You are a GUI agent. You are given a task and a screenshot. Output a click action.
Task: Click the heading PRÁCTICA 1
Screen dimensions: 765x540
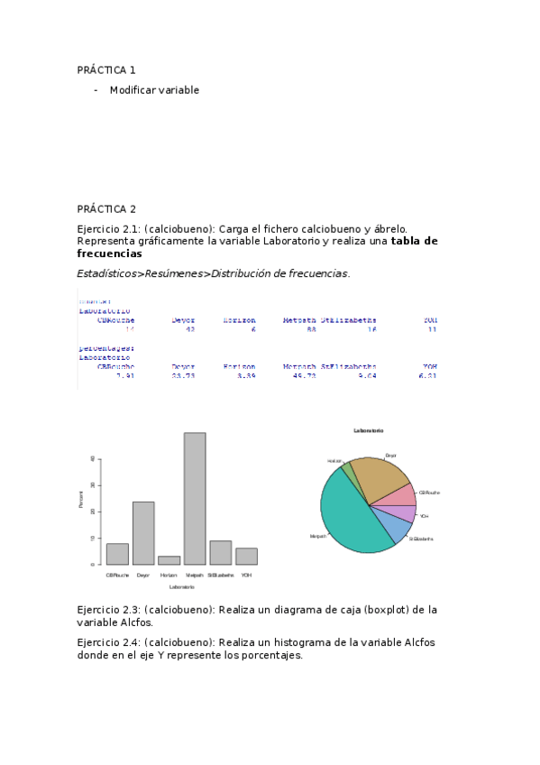point(106,70)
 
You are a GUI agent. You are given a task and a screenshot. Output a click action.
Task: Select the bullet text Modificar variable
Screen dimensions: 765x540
point(154,90)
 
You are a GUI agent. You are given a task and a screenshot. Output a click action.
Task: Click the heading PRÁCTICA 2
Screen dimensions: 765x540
point(106,209)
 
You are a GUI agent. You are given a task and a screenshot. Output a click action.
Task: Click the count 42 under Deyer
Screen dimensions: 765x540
point(189,329)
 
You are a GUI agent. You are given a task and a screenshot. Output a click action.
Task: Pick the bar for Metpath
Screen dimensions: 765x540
point(195,499)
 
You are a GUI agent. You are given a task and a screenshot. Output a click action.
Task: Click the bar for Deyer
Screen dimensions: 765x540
point(143,533)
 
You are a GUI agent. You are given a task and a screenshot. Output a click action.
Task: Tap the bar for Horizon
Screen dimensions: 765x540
point(169,560)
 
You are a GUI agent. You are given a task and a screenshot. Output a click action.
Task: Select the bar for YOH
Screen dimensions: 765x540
point(246,556)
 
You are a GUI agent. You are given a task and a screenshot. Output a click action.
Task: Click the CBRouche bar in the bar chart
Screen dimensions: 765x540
point(117,554)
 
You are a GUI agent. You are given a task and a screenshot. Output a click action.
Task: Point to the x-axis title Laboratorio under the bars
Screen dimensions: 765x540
point(181,587)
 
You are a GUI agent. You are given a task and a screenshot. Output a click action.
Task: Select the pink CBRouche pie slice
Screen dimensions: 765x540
point(406,495)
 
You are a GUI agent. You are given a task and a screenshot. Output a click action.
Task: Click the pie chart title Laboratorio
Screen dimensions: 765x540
point(368,430)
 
